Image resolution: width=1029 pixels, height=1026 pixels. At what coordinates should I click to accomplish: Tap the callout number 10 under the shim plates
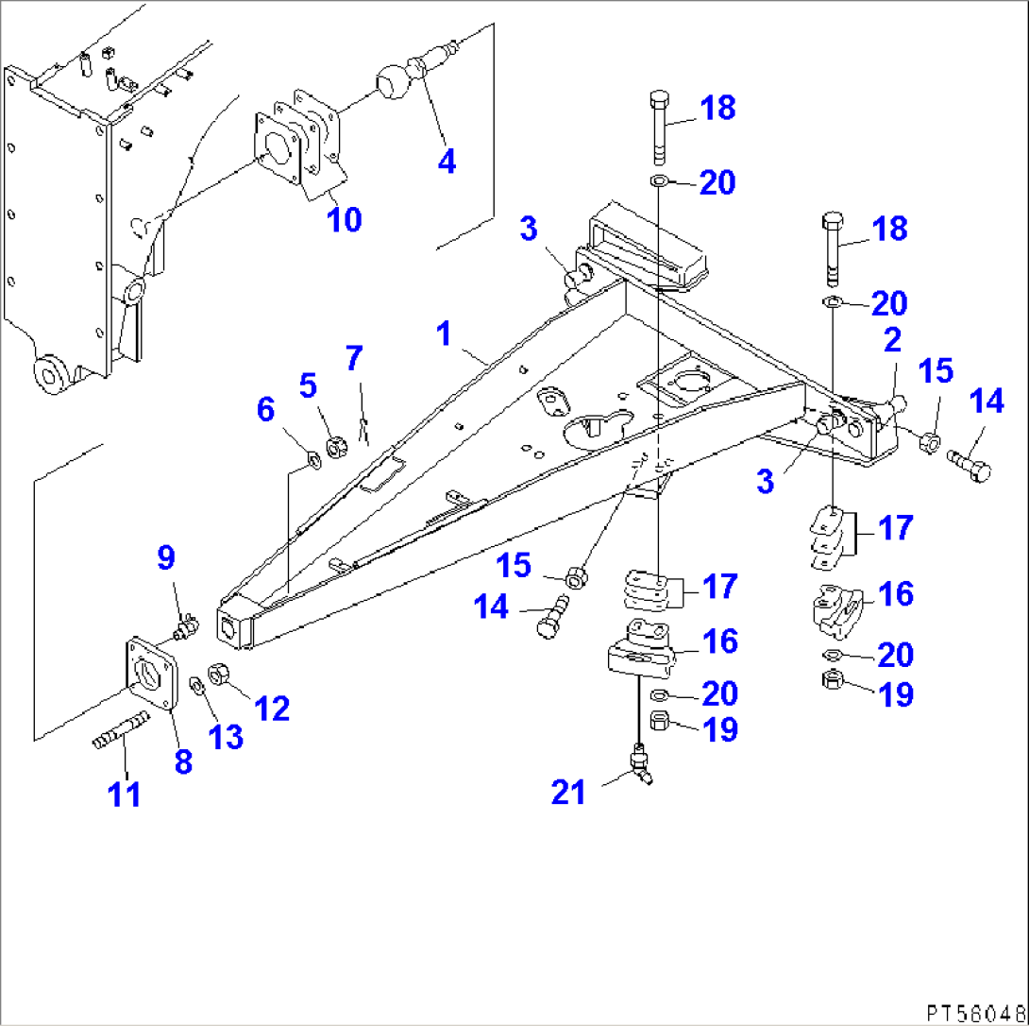click(344, 219)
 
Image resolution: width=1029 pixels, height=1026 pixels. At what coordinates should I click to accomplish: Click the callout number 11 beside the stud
click(124, 795)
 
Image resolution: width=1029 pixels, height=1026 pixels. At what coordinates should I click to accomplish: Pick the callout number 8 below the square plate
click(182, 761)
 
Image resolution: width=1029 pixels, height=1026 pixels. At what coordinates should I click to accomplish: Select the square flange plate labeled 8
click(151, 674)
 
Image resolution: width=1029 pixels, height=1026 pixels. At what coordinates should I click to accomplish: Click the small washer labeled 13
click(194, 684)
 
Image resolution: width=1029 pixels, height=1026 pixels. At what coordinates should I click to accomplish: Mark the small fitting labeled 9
click(186, 624)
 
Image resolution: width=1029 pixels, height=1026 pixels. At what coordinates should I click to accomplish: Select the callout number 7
click(353, 359)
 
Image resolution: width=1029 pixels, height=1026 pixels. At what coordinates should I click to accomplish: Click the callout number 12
click(273, 708)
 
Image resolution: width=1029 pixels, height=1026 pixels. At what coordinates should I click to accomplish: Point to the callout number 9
click(166, 558)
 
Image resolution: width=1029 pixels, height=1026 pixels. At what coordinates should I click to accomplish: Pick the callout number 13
click(227, 738)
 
